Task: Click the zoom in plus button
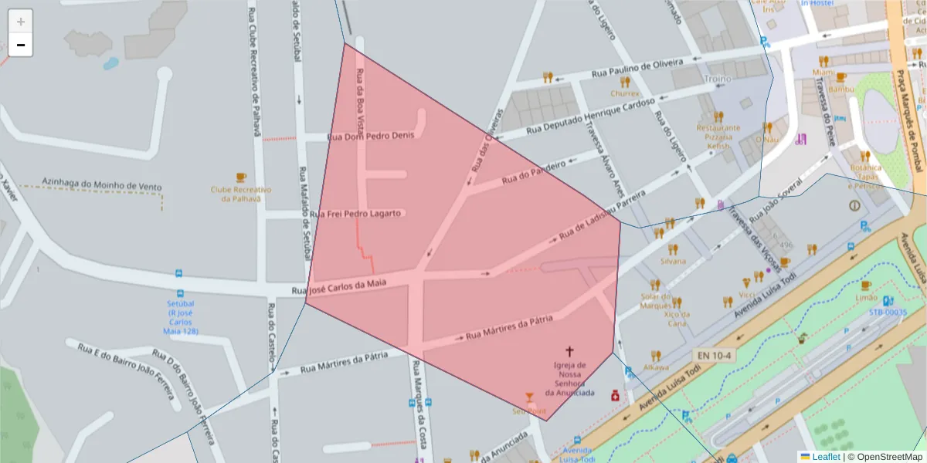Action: pos(21,22)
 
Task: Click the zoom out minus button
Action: pos(21,45)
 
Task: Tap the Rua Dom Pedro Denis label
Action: pos(372,136)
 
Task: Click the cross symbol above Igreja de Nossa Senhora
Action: pos(570,351)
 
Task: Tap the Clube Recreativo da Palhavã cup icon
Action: pos(241,177)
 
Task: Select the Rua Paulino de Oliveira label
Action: pos(637,68)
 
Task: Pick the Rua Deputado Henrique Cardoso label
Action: pos(590,116)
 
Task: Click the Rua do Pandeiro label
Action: pos(534,172)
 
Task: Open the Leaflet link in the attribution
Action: pos(820,456)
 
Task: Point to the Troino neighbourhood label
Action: pos(718,79)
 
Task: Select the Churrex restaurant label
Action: pos(625,93)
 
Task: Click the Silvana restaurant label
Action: pos(673,261)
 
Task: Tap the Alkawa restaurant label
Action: pos(656,367)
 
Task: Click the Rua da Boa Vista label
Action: pos(359,100)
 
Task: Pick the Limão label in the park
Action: pos(866,298)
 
